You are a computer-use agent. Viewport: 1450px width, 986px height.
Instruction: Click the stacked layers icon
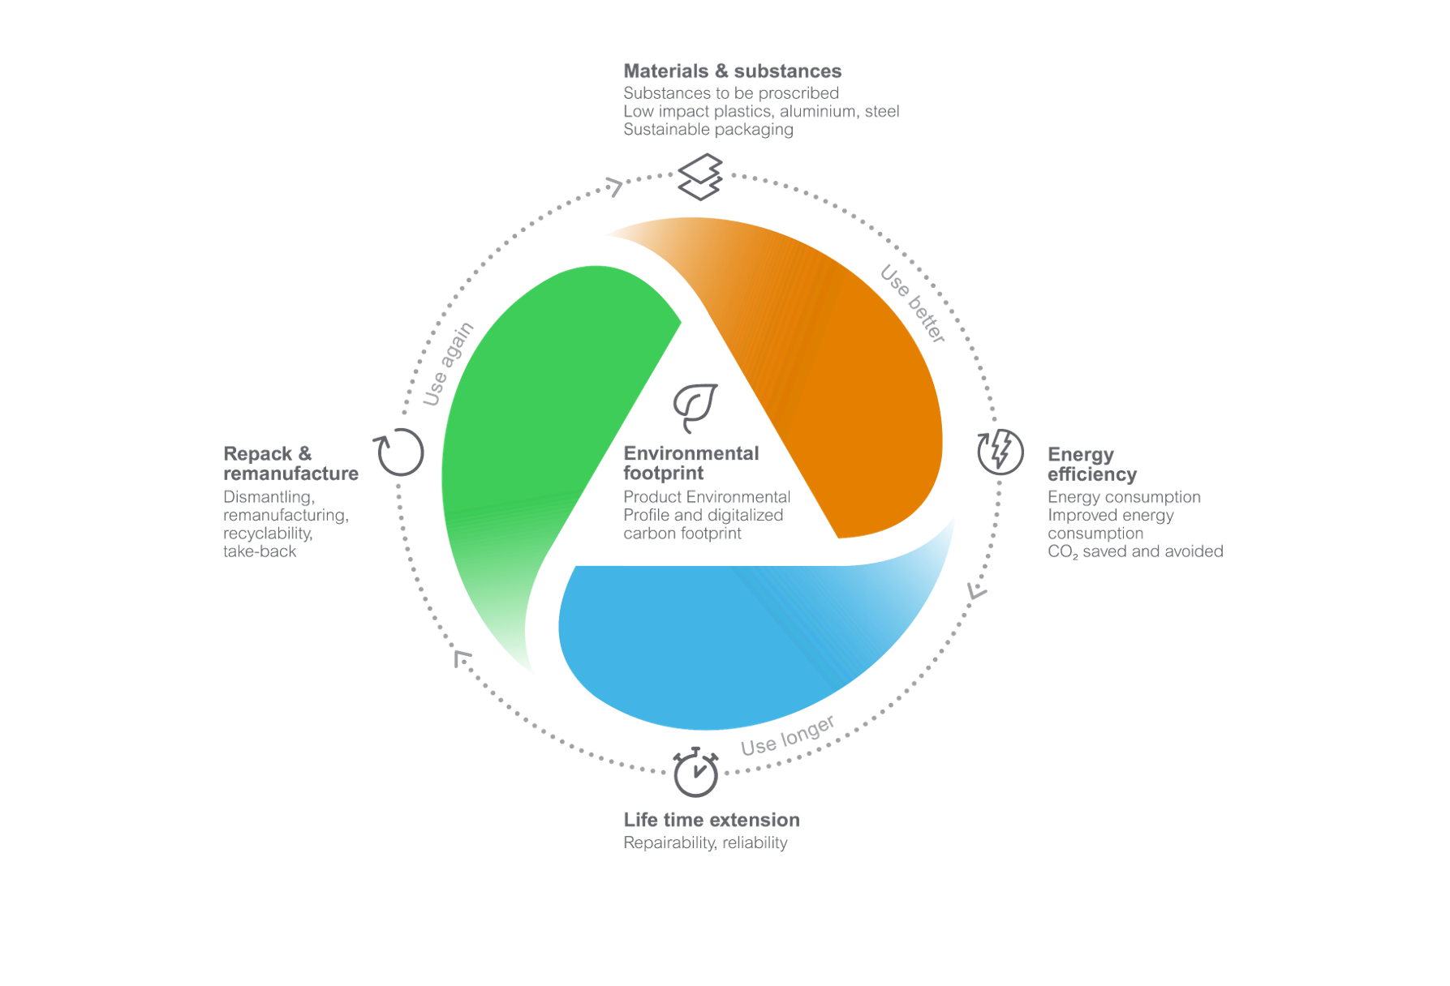coord(700,177)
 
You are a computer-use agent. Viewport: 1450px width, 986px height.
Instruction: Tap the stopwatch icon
coord(695,772)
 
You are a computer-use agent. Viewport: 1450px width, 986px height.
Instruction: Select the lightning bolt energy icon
coord(1000,452)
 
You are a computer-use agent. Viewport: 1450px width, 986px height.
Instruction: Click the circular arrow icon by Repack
coord(398,452)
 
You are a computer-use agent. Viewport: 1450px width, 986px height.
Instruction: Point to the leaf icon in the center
coord(695,408)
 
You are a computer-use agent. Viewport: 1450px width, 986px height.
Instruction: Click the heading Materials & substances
coord(733,71)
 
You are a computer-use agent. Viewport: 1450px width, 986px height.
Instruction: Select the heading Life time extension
coord(712,820)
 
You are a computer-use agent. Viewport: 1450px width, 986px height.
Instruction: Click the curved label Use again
coord(448,363)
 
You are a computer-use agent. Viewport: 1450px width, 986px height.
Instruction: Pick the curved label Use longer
coord(787,736)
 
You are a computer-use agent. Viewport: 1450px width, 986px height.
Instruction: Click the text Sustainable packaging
coord(708,130)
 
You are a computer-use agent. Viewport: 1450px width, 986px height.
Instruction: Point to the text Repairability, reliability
coord(705,842)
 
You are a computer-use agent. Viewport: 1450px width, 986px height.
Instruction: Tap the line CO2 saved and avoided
coord(1135,551)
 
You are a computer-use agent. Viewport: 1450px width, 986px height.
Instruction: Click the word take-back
coord(260,551)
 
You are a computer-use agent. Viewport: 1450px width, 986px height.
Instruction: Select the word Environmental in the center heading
coord(691,453)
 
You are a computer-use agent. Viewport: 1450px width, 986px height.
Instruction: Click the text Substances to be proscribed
coord(731,93)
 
